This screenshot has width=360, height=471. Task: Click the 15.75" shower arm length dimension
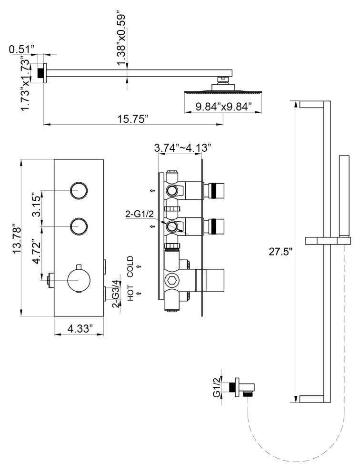(133, 119)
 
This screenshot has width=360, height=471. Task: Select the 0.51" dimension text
(21, 49)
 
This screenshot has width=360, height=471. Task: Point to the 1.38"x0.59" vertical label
(121, 38)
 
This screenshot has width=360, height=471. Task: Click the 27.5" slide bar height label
(280, 252)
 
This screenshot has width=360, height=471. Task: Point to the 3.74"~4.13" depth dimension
(182, 148)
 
